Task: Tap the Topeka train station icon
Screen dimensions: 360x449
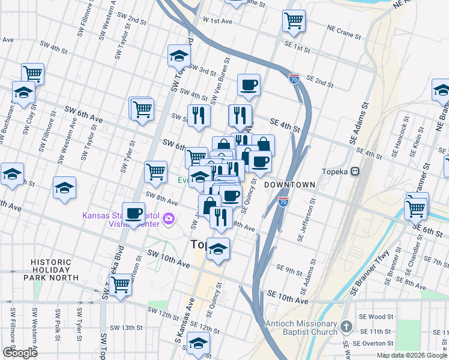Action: pyautogui.click(x=355, y=171)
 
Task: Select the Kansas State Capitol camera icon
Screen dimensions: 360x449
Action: pyautogui.click(x=170, y=218)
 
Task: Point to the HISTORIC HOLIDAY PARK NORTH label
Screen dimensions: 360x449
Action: pyautogui.click(x=55, y=270)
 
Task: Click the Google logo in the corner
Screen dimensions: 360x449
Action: pyautogui.click(x=20, y=353)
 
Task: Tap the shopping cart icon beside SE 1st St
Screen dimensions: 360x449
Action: pyautogui.click(x=294, y=21)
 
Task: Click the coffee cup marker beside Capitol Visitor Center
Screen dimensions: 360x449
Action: pyautogui.click(x=133, y=212)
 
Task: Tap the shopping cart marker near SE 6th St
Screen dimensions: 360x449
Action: pyautogui.click(x=415, y=209)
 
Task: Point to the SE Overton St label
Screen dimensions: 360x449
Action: pyautogui.click(x=374, y=343)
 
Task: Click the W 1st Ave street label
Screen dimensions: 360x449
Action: pyautogui.click(x=217, y=21)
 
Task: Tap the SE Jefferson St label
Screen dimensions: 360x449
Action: pyautogui.click(x=302, y=221)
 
